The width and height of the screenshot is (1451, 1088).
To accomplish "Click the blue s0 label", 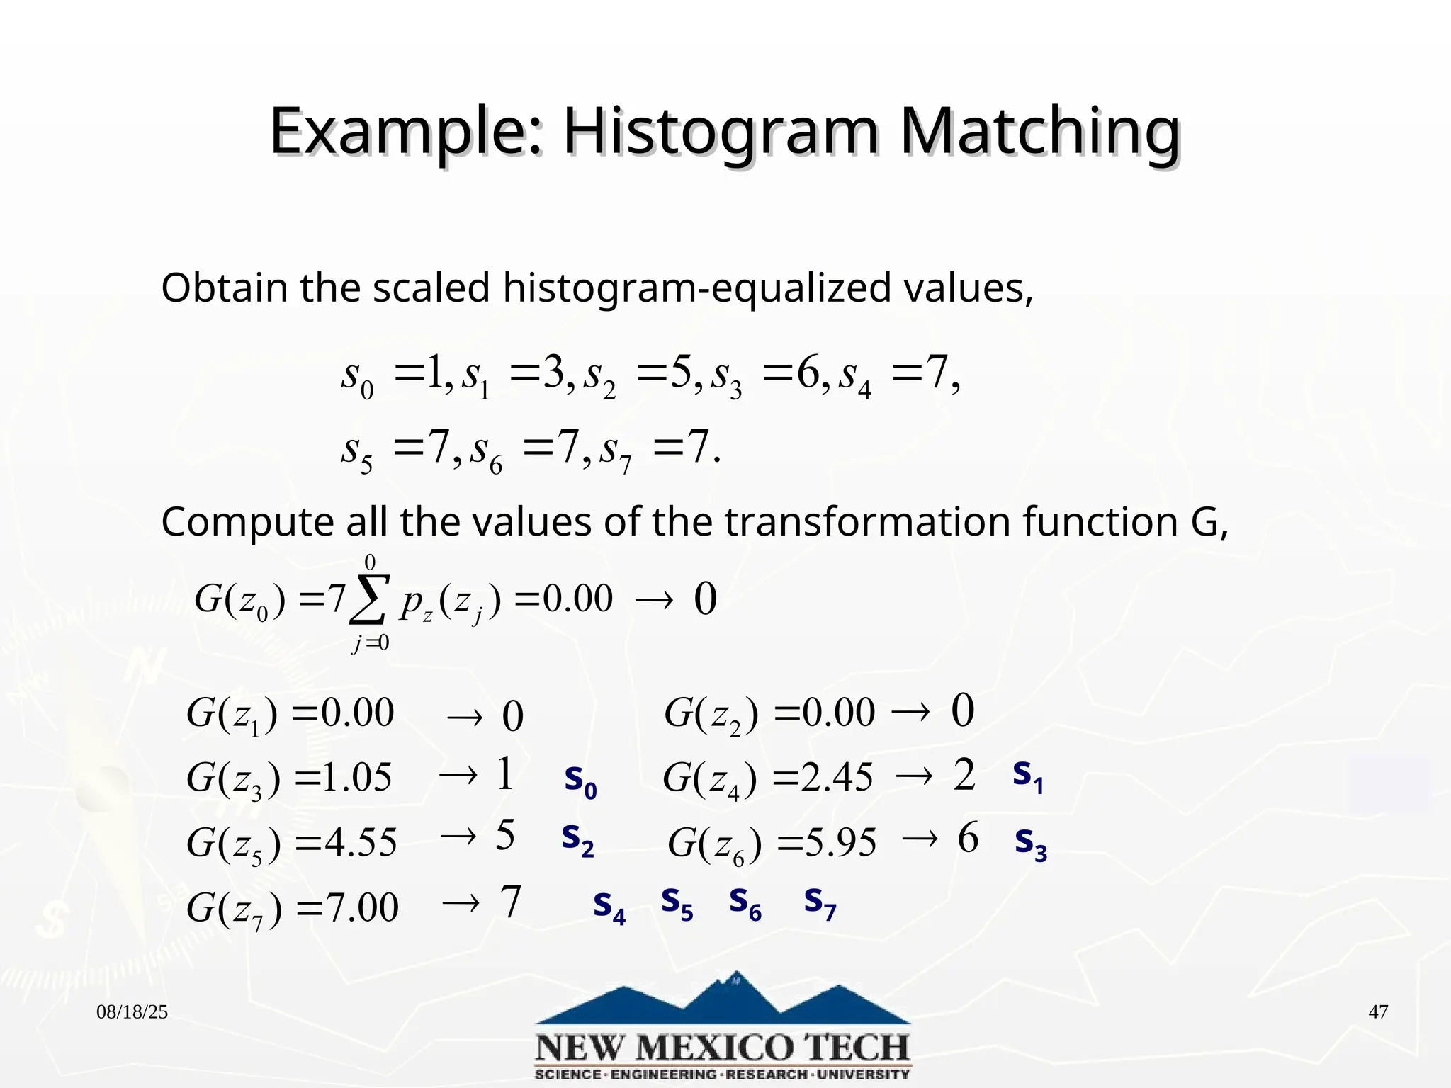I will [x=580, y=780].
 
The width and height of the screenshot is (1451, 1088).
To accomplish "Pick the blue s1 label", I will [x=1027, y=775].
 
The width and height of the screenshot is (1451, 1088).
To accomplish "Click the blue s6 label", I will [x=745, y=903].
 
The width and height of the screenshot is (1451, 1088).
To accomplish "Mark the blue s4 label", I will [x=609, y=907].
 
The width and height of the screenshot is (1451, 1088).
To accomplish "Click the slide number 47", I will [x=1377, y=1011].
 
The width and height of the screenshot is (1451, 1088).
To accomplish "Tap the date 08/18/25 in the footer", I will [x=132, y=1012].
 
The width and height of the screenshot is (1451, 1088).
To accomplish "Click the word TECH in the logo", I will [x=846, y=1048].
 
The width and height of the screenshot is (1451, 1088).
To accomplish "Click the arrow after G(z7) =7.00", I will [x=461, y=903].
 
